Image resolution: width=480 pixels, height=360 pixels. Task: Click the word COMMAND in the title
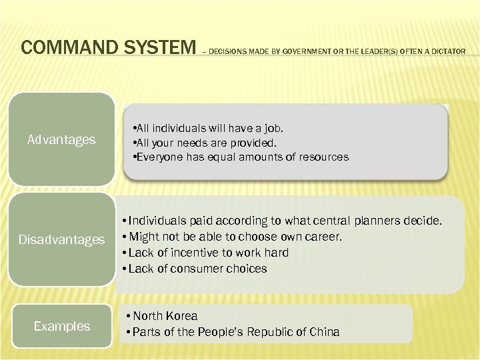coord(63,48)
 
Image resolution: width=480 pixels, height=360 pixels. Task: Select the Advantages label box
coord(61,140)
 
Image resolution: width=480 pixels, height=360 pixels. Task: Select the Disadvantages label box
coord(61,239)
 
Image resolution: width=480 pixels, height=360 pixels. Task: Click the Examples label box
coord(61,326)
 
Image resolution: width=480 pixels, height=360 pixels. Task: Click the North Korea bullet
coord(164,316)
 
